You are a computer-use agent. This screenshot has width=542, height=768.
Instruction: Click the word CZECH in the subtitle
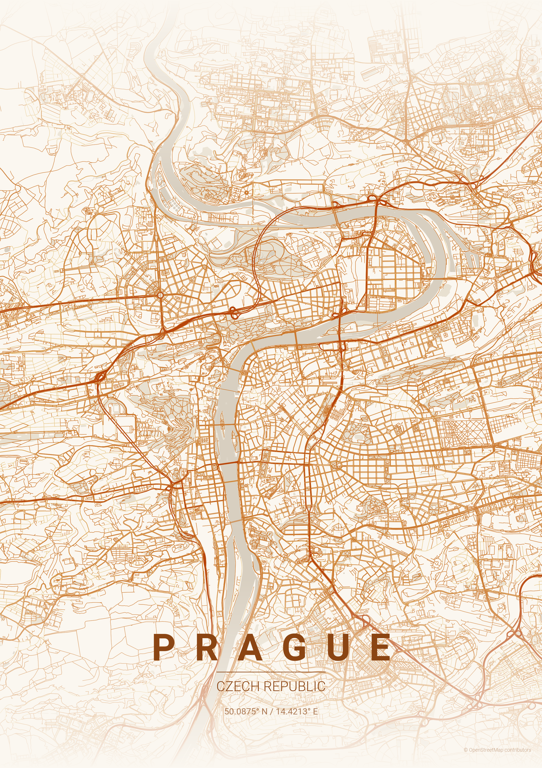(238, 686)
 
